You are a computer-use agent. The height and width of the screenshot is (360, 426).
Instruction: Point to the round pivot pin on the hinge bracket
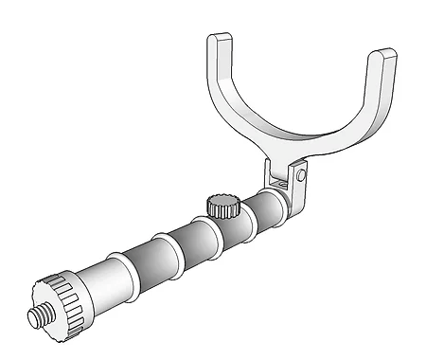click(x=300, y=174)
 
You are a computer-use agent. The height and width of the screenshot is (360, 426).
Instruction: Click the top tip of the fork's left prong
click(x=219, y=41)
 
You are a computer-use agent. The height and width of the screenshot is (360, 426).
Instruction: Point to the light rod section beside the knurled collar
click(x=100, y=283)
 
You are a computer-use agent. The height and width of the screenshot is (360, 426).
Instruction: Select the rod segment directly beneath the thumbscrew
click(x=228, y=226)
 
